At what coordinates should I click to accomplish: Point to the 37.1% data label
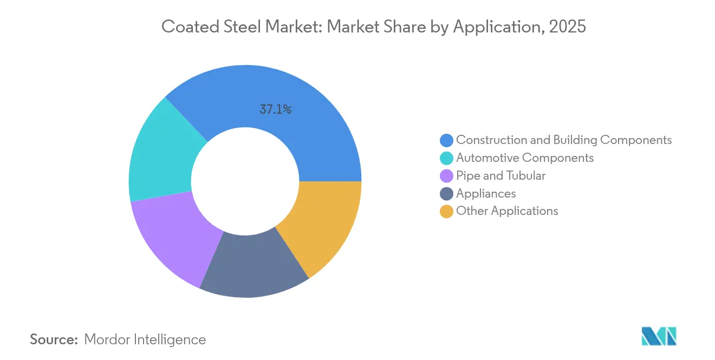tap(276, 109)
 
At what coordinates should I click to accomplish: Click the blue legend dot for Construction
tap(446, 140)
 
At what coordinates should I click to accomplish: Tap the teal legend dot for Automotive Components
tap(446, 158)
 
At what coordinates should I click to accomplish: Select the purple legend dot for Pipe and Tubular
tap(446, 176)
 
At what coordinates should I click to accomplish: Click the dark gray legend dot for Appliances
tap(446, 194)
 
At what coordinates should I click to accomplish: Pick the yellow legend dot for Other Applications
tap(446, 212)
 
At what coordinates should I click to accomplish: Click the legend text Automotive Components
tap(525, 158)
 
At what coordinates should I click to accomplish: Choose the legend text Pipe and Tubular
tap(500, 175)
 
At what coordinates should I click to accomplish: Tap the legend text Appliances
tap(486, 193)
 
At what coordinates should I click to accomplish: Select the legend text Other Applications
tap(507, 211)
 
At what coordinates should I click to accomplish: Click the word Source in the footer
tap(54, 339)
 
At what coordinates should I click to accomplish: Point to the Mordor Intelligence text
tap(145, 339)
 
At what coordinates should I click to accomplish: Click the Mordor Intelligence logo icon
tap(659, 336)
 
